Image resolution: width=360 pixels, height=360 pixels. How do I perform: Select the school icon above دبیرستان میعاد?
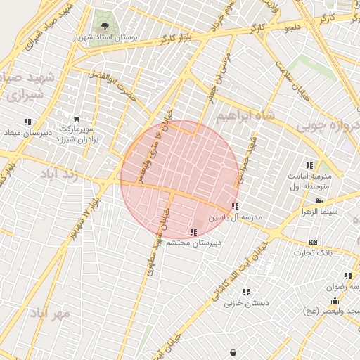click(27, 122)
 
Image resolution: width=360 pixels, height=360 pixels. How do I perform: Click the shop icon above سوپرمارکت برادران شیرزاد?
click(77, 119)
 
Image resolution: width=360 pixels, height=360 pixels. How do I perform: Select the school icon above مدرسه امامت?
click(309, 165)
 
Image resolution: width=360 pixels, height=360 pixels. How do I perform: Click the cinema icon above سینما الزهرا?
click(320, 201)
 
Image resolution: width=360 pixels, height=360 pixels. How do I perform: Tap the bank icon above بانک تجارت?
click(324, 242)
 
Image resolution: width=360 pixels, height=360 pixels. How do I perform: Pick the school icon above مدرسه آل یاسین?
click(235, 207)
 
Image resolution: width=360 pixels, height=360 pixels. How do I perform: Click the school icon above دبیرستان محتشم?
click(193, 232)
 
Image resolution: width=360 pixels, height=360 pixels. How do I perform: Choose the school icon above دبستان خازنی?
click(245, 292)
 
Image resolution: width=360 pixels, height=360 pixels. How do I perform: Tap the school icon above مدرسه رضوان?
click(347, 276)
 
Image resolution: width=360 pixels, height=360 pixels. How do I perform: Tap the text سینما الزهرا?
click(321, 212)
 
